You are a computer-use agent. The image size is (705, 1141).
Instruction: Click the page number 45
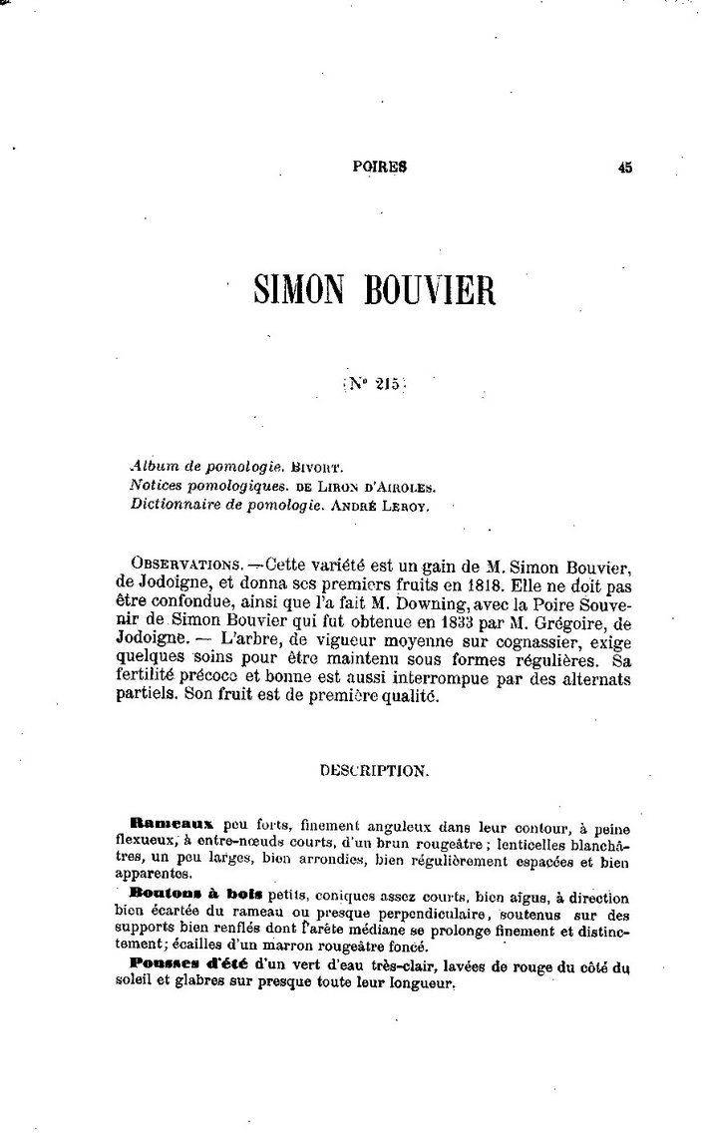624,169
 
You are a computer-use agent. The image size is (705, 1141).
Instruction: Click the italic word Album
151,466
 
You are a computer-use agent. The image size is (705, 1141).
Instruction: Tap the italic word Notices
158,485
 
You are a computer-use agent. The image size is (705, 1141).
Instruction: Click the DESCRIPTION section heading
375,771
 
